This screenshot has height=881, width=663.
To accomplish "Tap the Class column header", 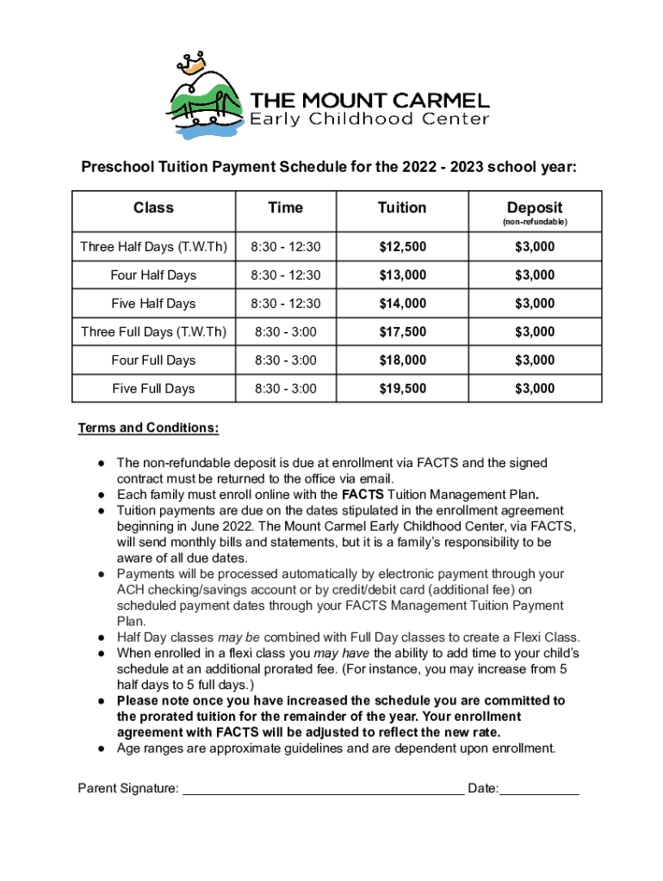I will [153, 207].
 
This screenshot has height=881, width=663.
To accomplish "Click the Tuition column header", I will [402, 207].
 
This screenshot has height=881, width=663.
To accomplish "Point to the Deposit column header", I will [534, 207].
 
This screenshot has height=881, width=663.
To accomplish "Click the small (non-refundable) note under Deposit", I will [534, 222].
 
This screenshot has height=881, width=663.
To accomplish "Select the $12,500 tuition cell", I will [402, 247].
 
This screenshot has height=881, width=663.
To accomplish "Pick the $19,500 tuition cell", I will [402, 389].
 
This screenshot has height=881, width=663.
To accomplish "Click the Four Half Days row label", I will [153, 275].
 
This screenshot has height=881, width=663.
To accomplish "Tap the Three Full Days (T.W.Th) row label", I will [153, 332].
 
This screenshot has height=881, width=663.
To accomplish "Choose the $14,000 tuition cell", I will [402, 304].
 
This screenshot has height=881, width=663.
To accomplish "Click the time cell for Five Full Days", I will [285, 389].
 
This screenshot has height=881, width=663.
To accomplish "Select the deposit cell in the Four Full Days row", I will [534, 360].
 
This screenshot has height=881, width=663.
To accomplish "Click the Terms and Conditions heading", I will [148, 428].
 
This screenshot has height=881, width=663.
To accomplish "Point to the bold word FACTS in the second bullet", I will [362, 495].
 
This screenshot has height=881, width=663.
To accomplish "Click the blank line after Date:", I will [539, 788].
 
